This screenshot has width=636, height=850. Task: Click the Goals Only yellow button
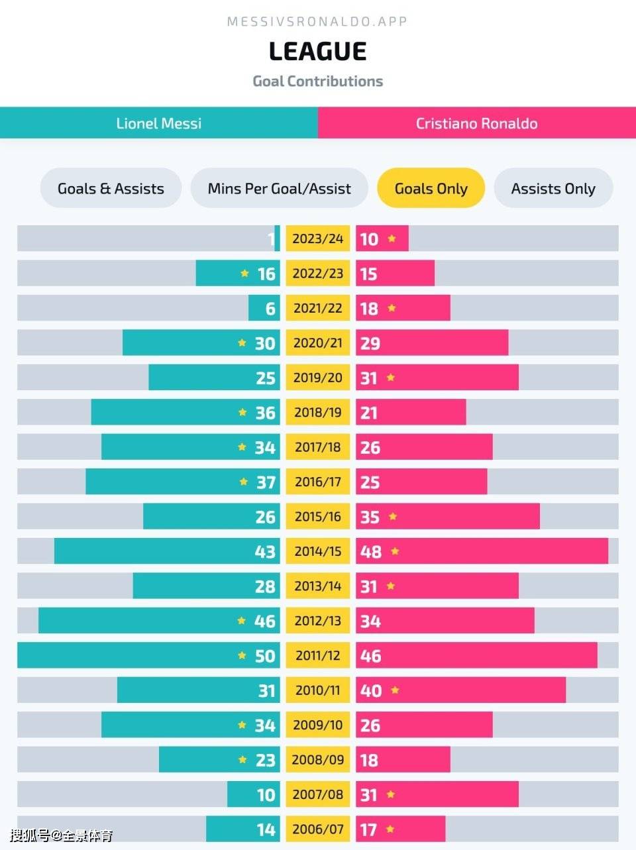pos(431,188)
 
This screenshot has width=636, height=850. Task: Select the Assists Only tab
pos(553,188)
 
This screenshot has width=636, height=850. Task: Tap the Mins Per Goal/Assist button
pos(279,188)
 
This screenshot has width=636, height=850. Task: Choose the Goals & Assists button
pos(111,188)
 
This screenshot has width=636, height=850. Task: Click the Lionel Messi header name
pos(158,123)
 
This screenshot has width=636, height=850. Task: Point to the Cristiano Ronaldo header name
pos(476,123)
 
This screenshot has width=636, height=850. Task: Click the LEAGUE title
pos(317,52)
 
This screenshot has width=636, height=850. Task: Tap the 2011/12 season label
pos(318,655)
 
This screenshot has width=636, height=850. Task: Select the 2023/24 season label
pos(318,239)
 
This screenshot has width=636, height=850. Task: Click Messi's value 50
pos(265,656)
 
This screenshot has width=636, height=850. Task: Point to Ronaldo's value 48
pos(371,552)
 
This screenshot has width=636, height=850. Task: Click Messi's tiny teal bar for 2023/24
pos(277,239)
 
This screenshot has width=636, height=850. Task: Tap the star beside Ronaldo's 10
pos(392,239)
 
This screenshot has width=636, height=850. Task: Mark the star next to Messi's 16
pos(244,274)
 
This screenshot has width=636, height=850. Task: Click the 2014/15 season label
pos(318,551)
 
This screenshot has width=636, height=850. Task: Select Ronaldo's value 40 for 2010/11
pos(371,690)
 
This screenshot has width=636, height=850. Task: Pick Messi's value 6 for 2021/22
pos(270,309)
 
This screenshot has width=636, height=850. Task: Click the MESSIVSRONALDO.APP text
pos(317,22)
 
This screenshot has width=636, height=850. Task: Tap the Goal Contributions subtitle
pos(317,81)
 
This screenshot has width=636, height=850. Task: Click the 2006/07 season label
pos(318,829)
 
